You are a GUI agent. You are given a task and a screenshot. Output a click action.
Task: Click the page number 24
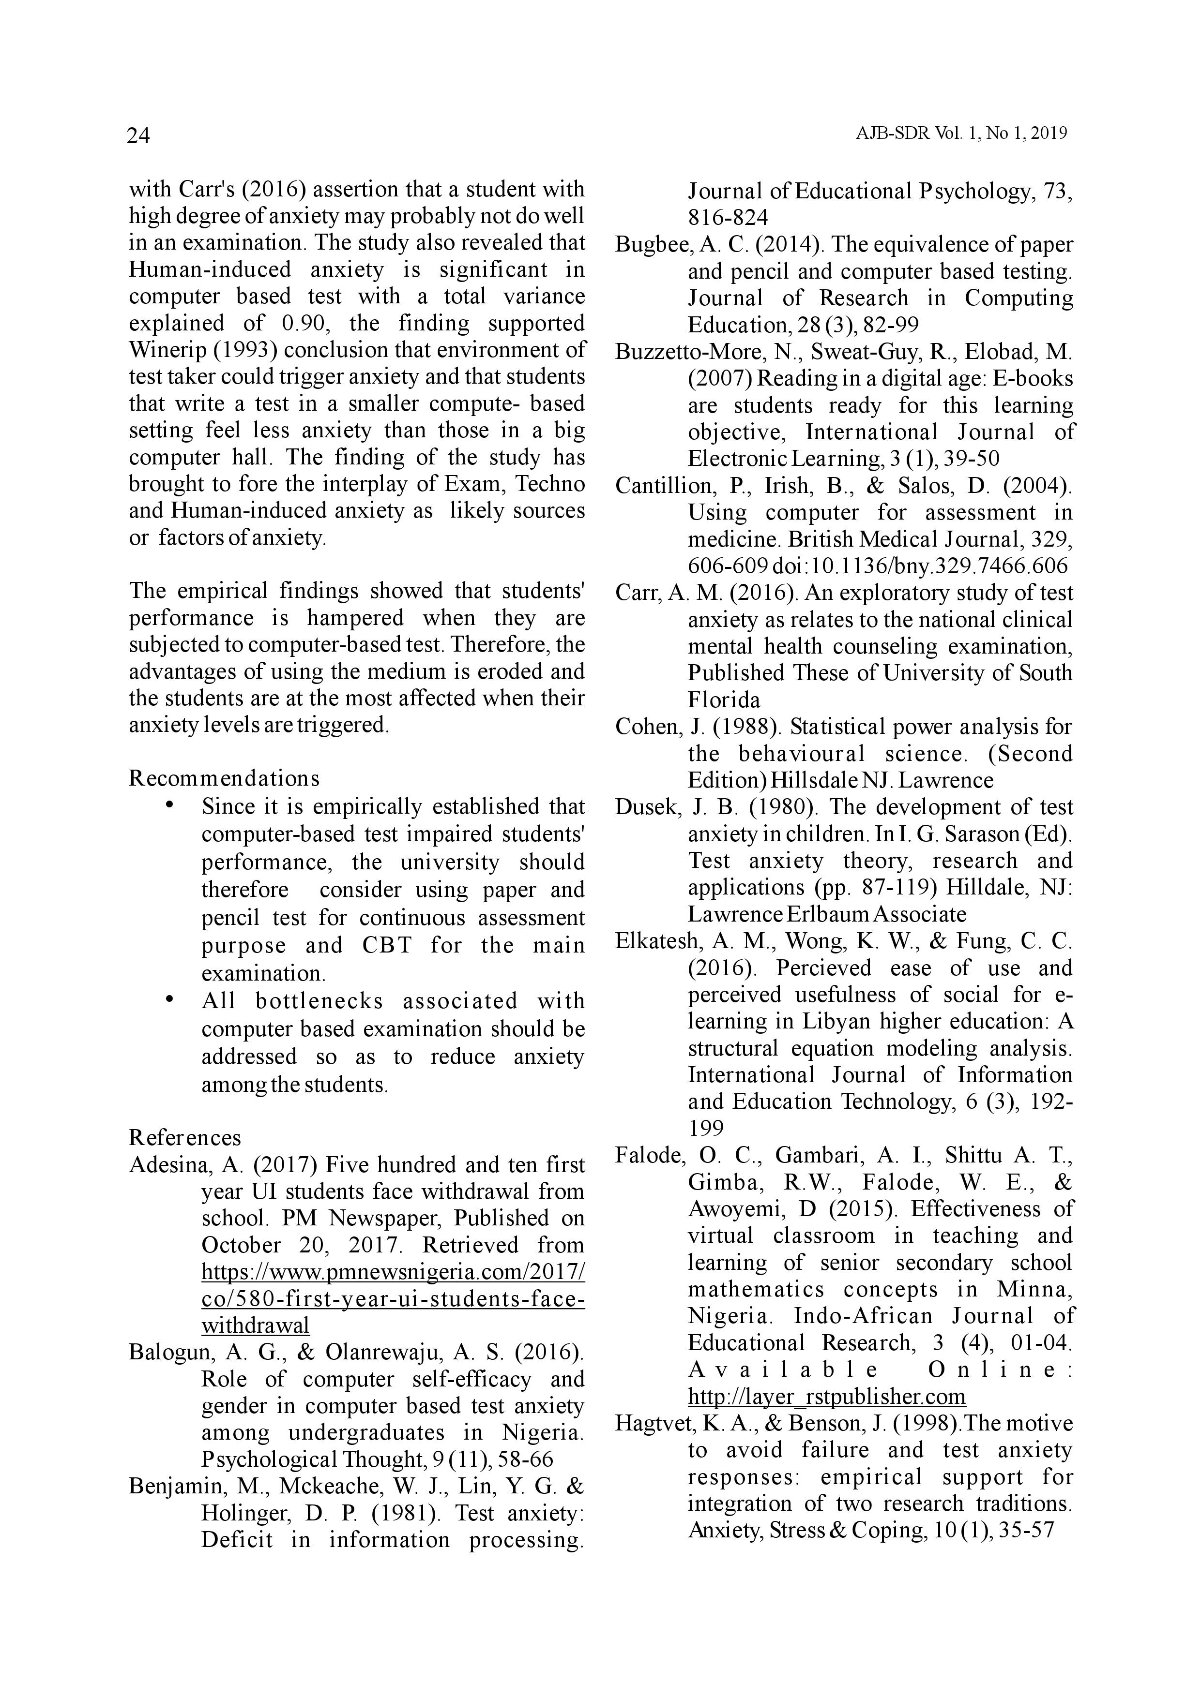tap(138, 136)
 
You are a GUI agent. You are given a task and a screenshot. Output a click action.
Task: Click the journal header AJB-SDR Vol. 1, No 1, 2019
tap(961, 134)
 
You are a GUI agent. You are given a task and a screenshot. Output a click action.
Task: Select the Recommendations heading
tap(224, 778)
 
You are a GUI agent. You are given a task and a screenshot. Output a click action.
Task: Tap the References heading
tap(185, 1137)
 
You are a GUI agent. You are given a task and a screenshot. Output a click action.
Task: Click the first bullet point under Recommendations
tap(170, 805)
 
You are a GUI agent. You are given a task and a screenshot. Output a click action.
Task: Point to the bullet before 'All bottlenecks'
tap(170, 1000)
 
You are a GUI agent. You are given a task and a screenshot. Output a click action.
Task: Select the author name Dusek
tap(646, 807)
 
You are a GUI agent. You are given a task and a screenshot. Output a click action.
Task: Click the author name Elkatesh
tap(657, 941)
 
